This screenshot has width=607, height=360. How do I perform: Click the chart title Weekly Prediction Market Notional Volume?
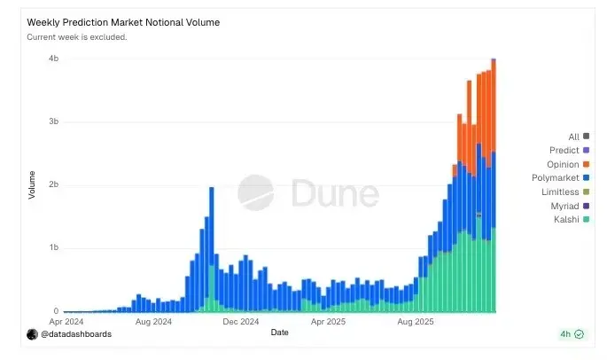124,21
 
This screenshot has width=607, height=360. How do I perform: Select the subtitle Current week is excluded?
77,37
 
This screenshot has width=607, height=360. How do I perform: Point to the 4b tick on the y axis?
53,59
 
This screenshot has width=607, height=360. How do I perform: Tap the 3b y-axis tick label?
53,121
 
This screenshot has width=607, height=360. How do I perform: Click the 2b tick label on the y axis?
53,185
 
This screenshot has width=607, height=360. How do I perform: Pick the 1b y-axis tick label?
53,248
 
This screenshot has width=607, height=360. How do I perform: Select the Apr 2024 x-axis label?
67,322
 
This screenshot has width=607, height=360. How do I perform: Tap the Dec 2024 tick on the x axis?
241,322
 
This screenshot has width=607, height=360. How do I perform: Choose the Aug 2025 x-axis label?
415,322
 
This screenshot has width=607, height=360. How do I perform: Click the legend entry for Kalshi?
566,219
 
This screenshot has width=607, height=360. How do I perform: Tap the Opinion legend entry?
564,164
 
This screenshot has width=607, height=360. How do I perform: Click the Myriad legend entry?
564,206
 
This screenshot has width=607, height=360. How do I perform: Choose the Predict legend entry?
564,151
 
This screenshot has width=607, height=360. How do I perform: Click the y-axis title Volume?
33,184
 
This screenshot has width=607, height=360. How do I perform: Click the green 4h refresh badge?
572,334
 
